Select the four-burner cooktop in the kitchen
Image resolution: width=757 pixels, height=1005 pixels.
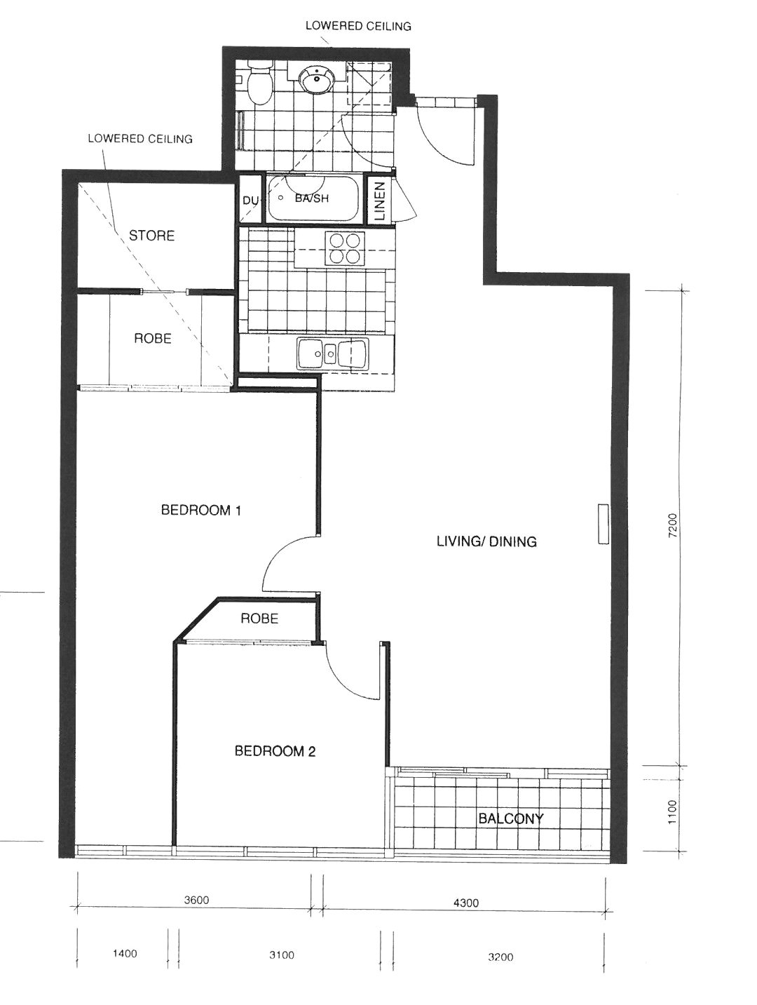(345, 248)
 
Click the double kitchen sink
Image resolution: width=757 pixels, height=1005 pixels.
(332, 353)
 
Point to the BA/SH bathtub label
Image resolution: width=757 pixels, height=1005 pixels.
(311, 198)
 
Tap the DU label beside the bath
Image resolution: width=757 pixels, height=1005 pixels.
(250, 200)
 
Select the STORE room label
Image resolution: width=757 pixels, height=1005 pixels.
(151, 236)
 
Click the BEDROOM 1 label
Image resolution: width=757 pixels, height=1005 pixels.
(200, 510)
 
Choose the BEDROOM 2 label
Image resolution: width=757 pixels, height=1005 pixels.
(275, 751)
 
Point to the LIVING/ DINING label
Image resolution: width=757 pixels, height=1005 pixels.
(486, 541)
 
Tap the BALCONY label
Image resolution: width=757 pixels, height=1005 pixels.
(510, 818)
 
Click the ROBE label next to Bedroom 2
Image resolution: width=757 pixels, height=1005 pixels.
(259, 619)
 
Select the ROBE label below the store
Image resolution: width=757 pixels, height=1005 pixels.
(153, 338)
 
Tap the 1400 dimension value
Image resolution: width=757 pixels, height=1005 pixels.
(125, 940)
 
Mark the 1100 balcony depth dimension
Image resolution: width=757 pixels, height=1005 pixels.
(671, 811)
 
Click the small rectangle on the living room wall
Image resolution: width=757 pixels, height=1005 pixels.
(603, 524)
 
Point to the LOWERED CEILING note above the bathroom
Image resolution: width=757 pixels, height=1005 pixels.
(358, 26)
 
